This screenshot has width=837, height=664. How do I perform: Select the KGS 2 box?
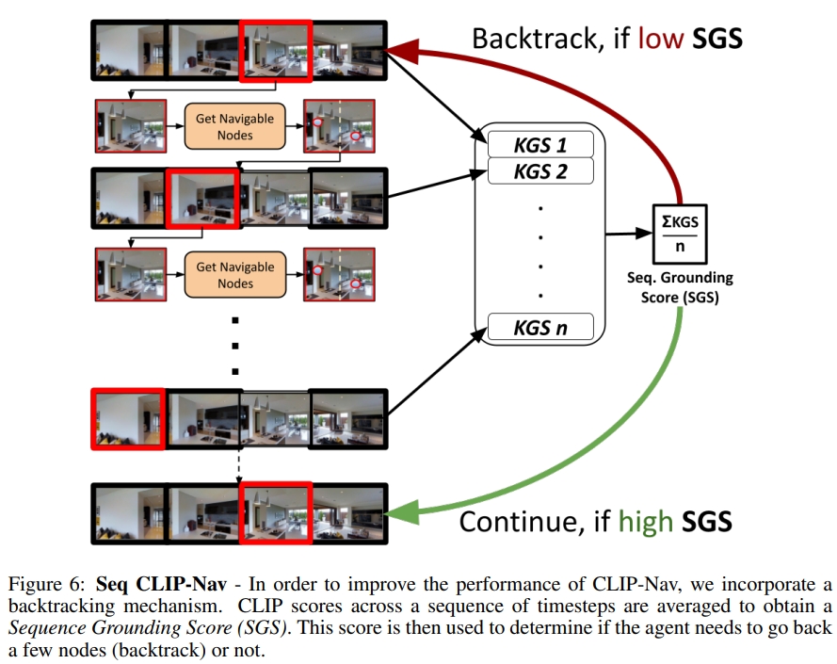[x=540, y=170]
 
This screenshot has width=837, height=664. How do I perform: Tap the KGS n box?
[x=540, y=328]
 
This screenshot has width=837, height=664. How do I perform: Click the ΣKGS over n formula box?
[x=680, y=232]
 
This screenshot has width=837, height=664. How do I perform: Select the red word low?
[x=657, y=39]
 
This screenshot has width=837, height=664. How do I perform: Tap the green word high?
[x=644, y=520]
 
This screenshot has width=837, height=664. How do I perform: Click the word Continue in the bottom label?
[x=519, y=520]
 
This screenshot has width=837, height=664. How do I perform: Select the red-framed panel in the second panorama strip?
[x=201, y=198]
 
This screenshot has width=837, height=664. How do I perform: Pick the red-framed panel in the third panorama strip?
[x=128, y=419]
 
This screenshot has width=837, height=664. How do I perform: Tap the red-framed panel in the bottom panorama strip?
[x=276, y=512]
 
